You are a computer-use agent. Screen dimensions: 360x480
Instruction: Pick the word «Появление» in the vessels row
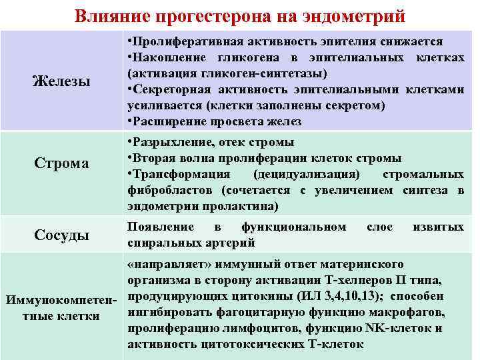(156, 227)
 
